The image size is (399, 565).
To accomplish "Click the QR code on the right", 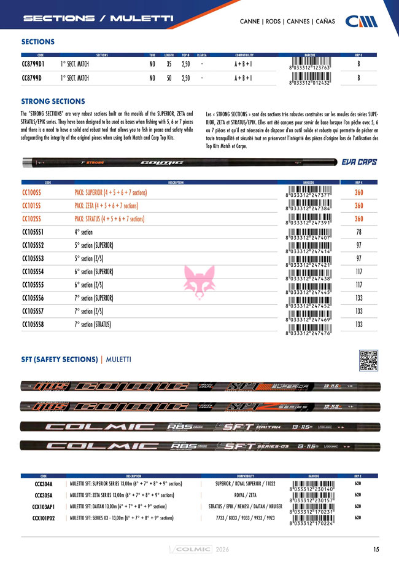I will [x=367, y=360].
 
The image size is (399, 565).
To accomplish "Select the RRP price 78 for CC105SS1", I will [x=359, y=232].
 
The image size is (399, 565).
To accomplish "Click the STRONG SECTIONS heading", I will [x=53, y=101].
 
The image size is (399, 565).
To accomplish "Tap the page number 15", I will [x=375, y=550].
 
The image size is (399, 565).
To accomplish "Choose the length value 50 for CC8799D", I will [x=169, y=79].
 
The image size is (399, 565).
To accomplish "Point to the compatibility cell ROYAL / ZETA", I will [x=244, y=495].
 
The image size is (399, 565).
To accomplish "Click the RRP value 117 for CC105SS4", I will [x=359, y=271].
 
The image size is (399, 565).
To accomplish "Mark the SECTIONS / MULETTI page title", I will [x=98, y=18].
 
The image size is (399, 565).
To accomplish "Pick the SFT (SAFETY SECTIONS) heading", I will [x=60, y=358].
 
